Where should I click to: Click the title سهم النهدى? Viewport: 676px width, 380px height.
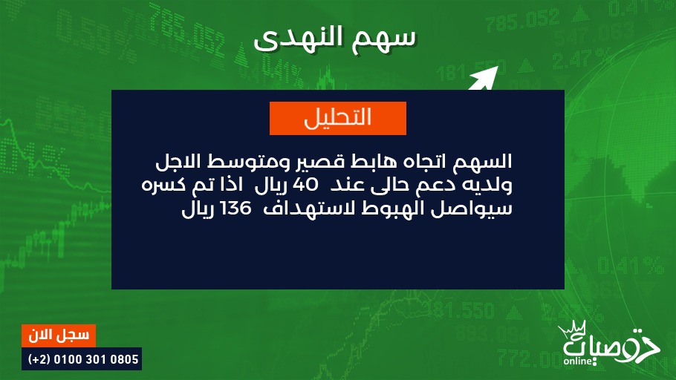tap(335, 38)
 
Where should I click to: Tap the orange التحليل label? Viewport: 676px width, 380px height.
tap(338, 119)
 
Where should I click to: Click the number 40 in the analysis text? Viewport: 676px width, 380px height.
tap(305, 185)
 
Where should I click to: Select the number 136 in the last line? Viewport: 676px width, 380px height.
tap(235, 209)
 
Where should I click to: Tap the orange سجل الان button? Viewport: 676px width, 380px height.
tap(59, 335)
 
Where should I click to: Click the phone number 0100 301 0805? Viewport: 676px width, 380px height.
tap(96, 359)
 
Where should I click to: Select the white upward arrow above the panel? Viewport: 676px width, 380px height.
tap(484, 79)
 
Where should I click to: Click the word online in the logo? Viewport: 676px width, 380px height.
tap(577, 361)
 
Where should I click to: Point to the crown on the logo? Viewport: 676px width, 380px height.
tap(573, 330)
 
